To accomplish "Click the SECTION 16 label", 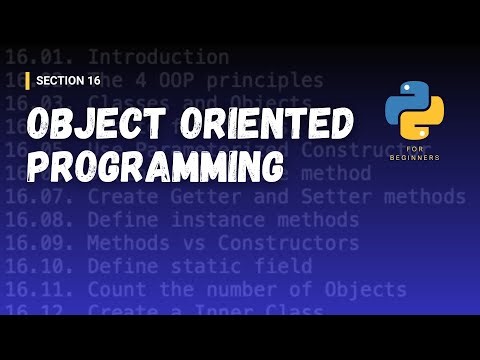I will (x=72, y=80).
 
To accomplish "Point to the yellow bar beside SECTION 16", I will (x=27, y=80).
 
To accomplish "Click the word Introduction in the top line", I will (x=160, y=57).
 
